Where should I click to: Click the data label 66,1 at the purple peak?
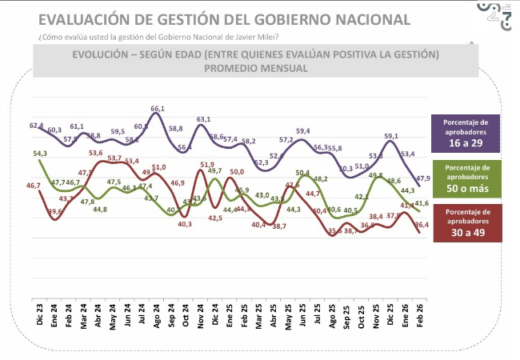point(158,109)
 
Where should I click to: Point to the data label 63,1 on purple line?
point(204,119)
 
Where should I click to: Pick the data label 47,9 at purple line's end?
point(424,178)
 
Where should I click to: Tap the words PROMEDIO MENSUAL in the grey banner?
point(255,68)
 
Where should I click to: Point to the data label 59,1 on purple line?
point(391,137)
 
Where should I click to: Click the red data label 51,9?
point(207,165)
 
